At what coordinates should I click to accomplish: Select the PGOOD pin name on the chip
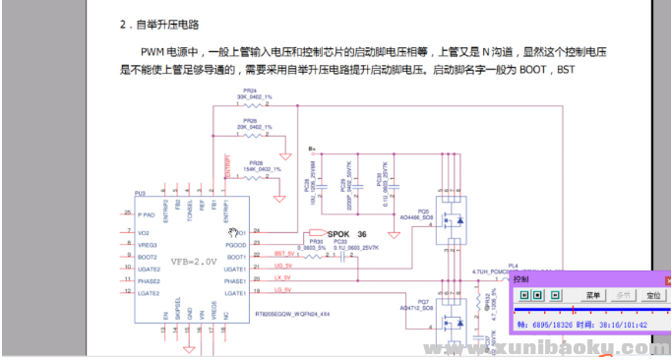(x=234, y=244)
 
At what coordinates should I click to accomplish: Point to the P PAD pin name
(x=147, y=213)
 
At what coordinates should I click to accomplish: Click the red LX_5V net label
(x=281, y=281)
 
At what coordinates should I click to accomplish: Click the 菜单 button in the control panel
(x=594, y=295)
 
